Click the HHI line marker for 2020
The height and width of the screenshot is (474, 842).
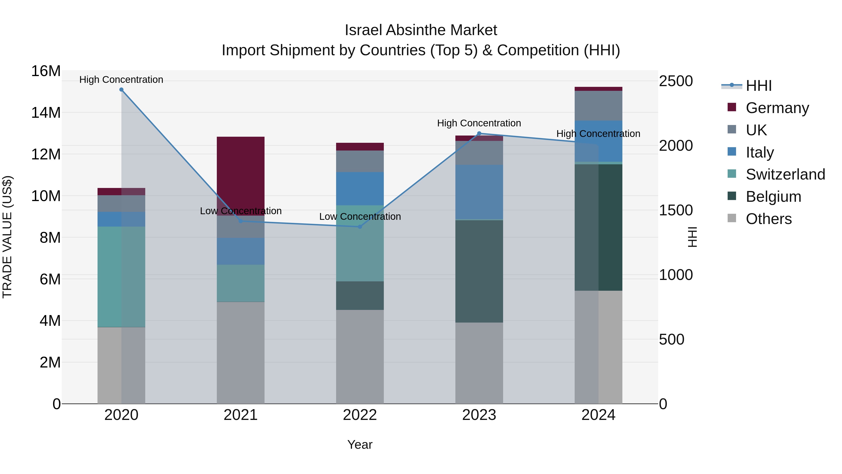point(121,90)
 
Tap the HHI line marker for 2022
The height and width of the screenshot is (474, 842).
point(360,227)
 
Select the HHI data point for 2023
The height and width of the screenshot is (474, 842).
point(479,133)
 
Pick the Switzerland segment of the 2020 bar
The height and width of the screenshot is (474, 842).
point(121,276)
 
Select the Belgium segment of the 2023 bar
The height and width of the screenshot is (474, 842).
point(479,271)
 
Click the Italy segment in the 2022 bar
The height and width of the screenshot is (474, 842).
point(360,188)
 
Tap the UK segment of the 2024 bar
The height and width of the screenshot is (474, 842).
point(599,106)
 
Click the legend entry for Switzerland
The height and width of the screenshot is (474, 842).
point(785,174)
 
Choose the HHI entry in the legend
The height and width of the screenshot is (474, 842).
point(758,86)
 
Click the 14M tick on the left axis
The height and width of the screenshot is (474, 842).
point(46,113)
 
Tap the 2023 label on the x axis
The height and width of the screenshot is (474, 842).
point(479,415)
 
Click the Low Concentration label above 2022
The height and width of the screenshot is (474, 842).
point(360,217)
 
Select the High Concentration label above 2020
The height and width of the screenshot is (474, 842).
point(121,80)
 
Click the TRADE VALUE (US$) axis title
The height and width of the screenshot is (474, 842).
point(7,237)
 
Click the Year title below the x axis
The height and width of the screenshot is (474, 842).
point(360,445)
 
